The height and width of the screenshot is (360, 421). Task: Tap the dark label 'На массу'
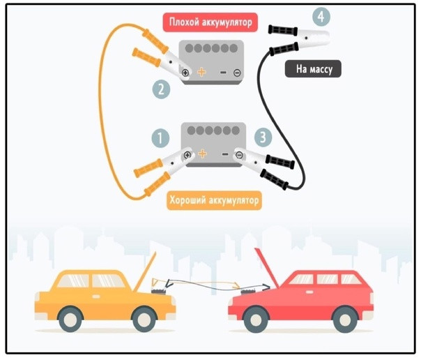(313, 68)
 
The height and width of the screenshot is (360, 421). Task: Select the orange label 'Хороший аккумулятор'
(214, 201)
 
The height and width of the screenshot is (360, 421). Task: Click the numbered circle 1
(161, 137)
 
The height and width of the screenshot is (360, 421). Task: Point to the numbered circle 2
(161, 89)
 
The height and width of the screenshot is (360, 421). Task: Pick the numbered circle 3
(262, 137)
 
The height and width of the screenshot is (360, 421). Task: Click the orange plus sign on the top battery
(201, 72)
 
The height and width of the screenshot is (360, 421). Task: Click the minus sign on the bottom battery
(224, 154)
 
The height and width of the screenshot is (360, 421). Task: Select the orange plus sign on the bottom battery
(201, 154)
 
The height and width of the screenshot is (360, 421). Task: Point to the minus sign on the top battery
(222, 72)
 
